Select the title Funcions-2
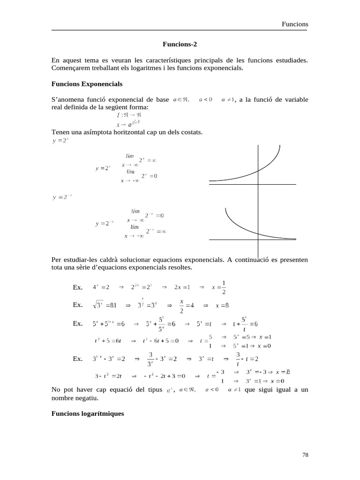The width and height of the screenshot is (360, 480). (x=180, y=45)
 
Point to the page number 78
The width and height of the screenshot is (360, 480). (x=305, y=455)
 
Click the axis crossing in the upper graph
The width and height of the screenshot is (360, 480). (x=258, y=185)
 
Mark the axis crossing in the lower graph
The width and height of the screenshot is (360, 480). (x=258, y=240)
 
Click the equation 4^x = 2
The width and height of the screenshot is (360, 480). (x=101, y=287)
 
